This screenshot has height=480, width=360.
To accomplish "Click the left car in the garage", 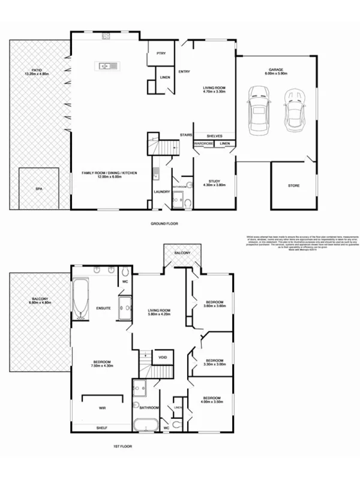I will (259, 108).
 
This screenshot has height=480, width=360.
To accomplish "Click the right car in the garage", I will (295, 110).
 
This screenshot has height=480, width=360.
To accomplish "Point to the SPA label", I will (39, 189).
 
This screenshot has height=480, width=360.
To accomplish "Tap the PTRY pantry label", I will (161, 54).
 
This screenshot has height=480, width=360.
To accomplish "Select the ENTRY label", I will (184, 72).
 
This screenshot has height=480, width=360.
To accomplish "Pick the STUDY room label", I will (214, 181).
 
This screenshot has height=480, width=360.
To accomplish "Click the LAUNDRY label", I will (161, 192).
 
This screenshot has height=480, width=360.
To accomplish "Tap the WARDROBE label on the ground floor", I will (204, 144).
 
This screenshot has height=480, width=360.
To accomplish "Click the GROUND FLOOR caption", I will (164, 223).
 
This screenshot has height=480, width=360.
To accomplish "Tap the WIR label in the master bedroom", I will (103, 407).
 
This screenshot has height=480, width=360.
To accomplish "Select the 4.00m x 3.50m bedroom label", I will (211, 400).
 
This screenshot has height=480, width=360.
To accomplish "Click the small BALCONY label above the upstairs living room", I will (183, 253).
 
